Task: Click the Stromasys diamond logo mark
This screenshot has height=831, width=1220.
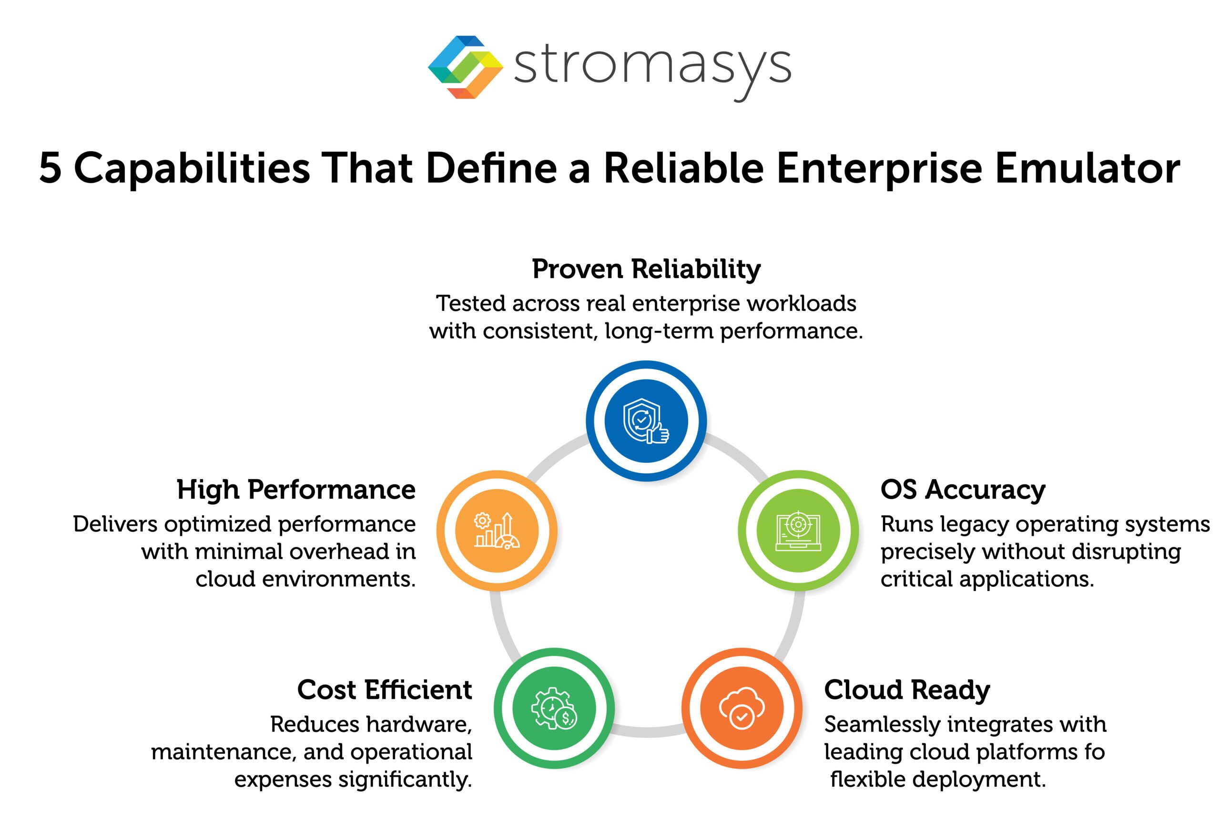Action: pyautogui.click(x=465, y=67)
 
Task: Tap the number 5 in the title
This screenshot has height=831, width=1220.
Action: pyautogui.click(x=51, y=169)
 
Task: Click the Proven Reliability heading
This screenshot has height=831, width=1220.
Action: pyautogui.click(x=646, y=269)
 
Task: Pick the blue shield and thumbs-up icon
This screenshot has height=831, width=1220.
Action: pyautogui.click(x=646, y=421)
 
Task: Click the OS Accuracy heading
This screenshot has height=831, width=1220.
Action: pyautogui.click(x=963, y=490)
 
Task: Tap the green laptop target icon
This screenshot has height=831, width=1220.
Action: pyautogui.click(x=798, y=531)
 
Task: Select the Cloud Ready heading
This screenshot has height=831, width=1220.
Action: pyautogui.click(x=906, y=690)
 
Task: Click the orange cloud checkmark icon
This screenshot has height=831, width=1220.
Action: pyautogui.click(x=742, y=708)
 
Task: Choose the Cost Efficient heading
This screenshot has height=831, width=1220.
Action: pyautogui.click(x=384, y=690)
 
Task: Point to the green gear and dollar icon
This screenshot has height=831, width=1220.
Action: pyautogui.click(x=554, y=708)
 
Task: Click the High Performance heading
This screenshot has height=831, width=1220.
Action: pyautogui.click(x=296, y=490)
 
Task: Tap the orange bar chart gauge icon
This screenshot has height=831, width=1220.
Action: pyautogui.click(x=497, y=531)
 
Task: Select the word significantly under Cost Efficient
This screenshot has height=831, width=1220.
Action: pyautogui.click(x=405, y=780)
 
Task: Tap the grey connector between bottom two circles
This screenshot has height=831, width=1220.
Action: pyautogui.click(x=648, y=731)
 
